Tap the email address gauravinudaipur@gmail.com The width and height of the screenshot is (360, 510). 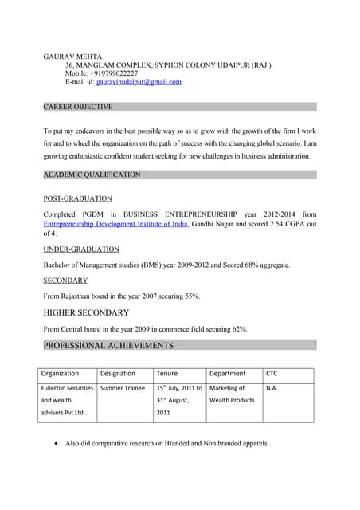139,82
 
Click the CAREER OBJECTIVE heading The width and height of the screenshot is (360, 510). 78,107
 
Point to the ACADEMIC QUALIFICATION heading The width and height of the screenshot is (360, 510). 92,175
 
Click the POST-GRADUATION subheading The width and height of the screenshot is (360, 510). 77,198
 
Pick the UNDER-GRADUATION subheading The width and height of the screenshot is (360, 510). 81,249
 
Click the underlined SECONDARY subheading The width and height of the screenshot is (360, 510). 65,280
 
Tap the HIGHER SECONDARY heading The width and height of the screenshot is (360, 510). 86,312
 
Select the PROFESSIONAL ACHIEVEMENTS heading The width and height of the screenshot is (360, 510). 108,345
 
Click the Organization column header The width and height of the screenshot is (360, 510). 60,373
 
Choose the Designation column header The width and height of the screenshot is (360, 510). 118,373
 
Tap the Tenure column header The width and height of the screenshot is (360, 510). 166,373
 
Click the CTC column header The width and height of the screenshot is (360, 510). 272,373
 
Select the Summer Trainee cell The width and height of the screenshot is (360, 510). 123,388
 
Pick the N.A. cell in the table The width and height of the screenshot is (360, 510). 272,388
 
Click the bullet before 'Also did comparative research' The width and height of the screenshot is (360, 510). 53,443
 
